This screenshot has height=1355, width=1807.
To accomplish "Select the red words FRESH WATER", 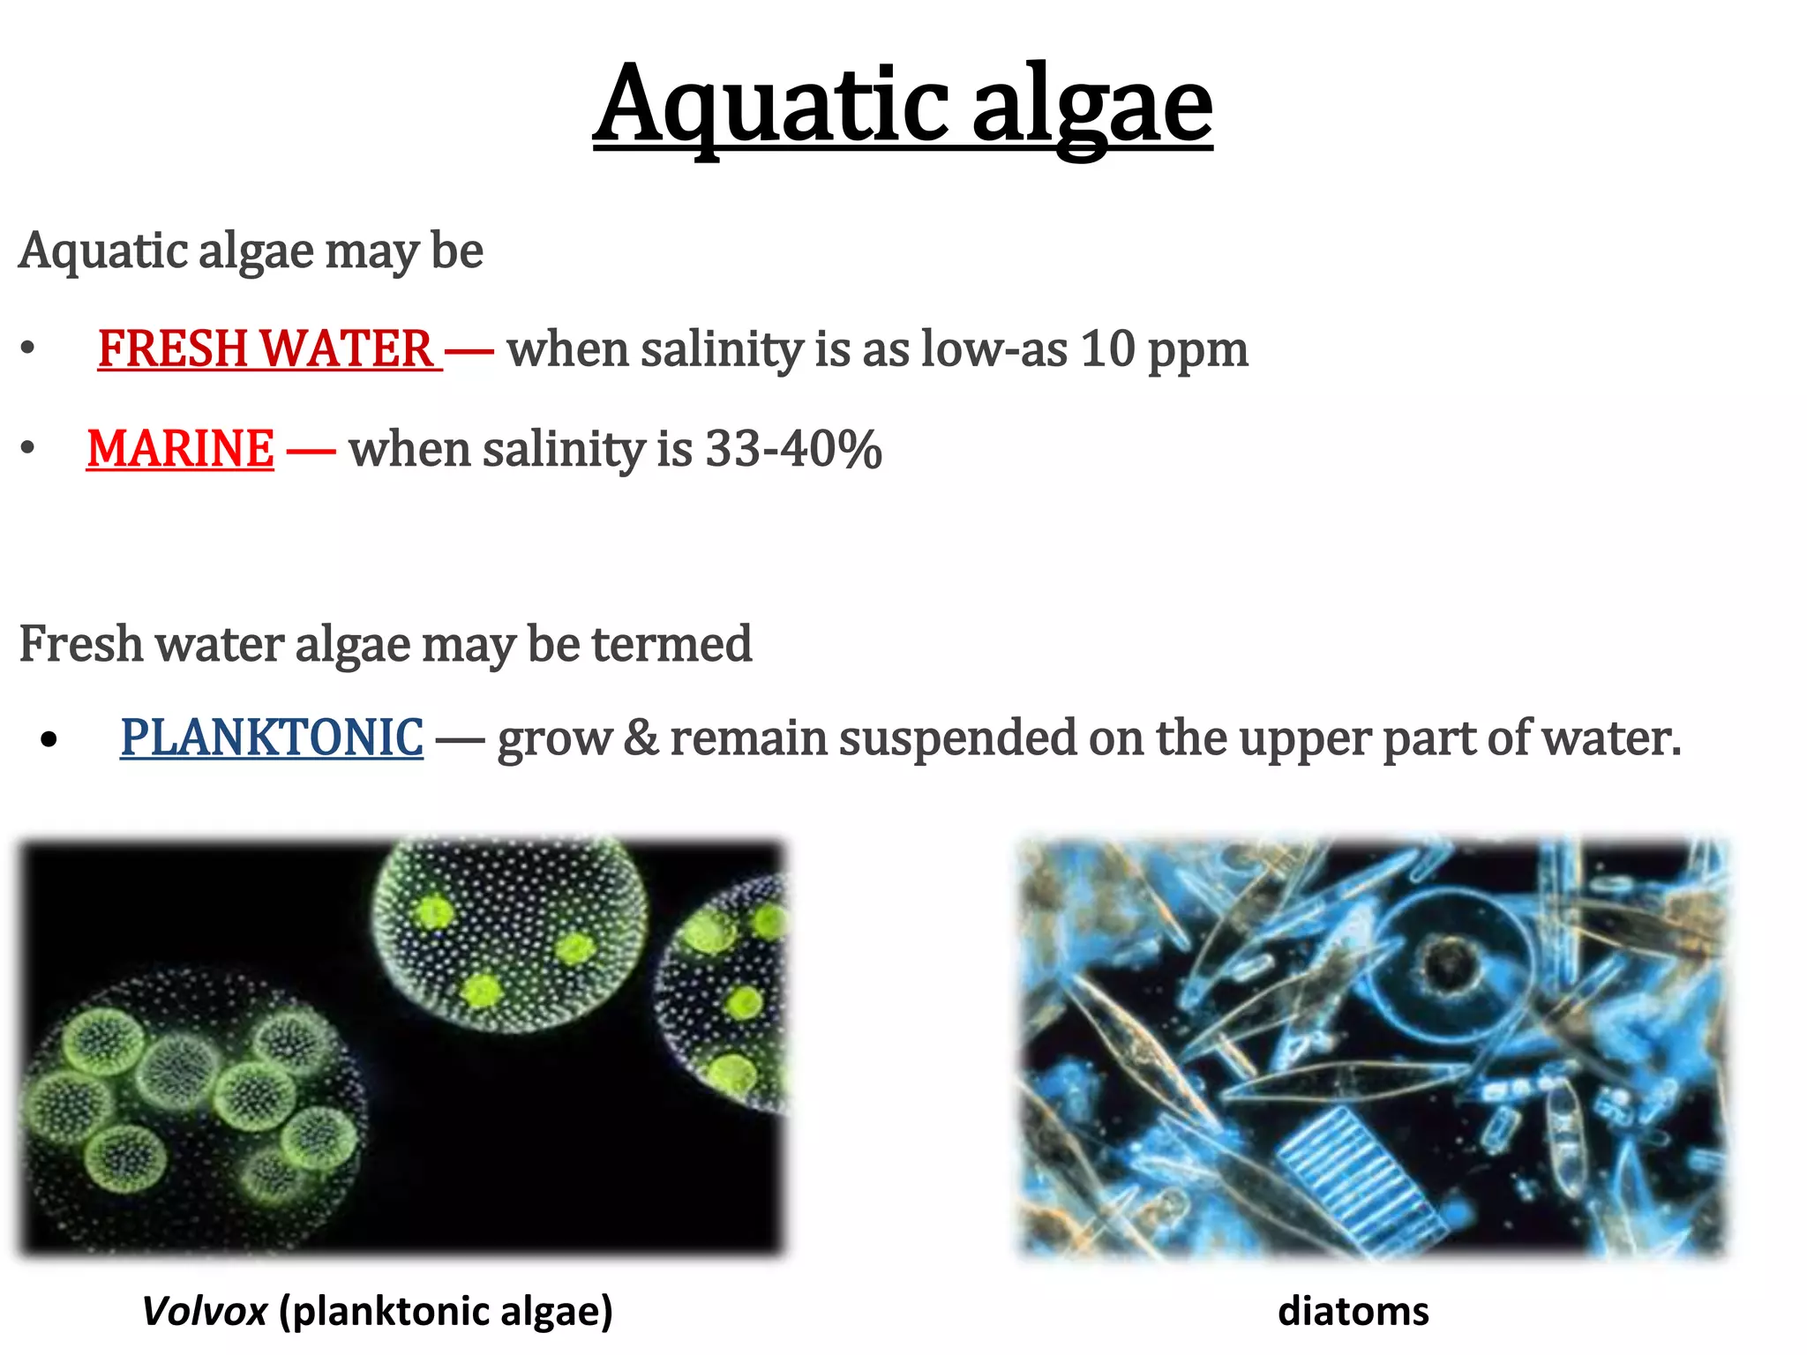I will click(x=266, y=348).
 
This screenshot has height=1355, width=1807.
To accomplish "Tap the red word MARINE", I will click(x=181, y=448).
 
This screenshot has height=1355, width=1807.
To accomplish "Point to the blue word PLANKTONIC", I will click(x=272, y=737).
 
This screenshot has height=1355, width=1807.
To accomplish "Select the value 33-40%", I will click(x=793, y=448).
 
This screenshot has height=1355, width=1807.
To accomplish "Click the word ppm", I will click(x=1198, y=351).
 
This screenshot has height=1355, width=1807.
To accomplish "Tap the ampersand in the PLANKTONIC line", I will click(x=641, y=737).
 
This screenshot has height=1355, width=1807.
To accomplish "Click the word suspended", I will click(x=957, y=737).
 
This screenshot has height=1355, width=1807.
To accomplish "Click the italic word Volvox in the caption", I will click(x=205, y=1311).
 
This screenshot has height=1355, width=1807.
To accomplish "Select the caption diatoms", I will click(x=1353, y=1311).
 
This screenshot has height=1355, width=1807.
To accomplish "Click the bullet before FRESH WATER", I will click(x=28, y=348).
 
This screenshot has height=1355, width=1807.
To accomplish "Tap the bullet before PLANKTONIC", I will click(x=49, y=739).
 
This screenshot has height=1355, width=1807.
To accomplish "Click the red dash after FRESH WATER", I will click(x=469, y=350).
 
